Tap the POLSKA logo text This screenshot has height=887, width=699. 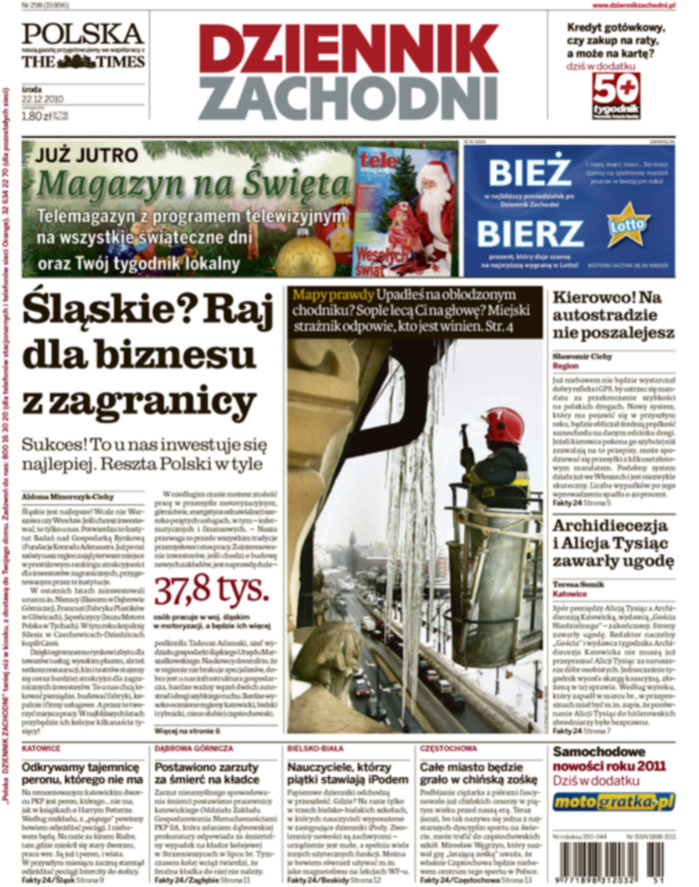pos(82,33)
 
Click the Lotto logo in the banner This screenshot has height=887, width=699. pos(629,222)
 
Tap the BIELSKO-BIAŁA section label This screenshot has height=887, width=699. pos(312,747)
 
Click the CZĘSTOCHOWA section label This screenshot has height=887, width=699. pos(444,747)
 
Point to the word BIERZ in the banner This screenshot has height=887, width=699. pos(529,234)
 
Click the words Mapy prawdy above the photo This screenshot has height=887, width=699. pos(325,296)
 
